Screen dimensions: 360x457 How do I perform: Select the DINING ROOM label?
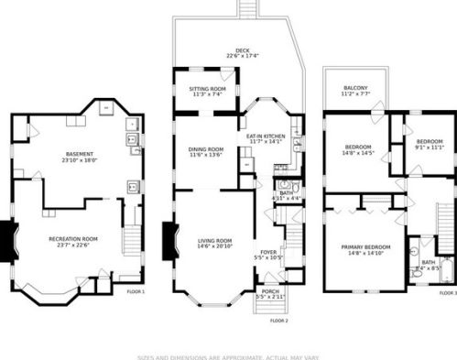pyautogui.click(x=206, y=149)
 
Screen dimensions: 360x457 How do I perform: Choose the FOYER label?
pyautogui.click(x=268, y=252)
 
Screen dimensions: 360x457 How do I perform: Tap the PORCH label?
pyautogui.click(x=269, y=291)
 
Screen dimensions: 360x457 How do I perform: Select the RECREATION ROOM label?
pyautogui.click(x=73, y=238)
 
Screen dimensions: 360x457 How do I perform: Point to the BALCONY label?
pyautogui.click(x=356, y=87)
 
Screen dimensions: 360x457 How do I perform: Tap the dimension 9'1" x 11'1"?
pyautogui.click(x=429, y=147)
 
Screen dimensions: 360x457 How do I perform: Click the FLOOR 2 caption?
pyautogui.click(x=279, y=321)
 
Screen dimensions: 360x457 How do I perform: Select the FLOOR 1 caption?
pyautogui.click(x=136, y=291)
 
